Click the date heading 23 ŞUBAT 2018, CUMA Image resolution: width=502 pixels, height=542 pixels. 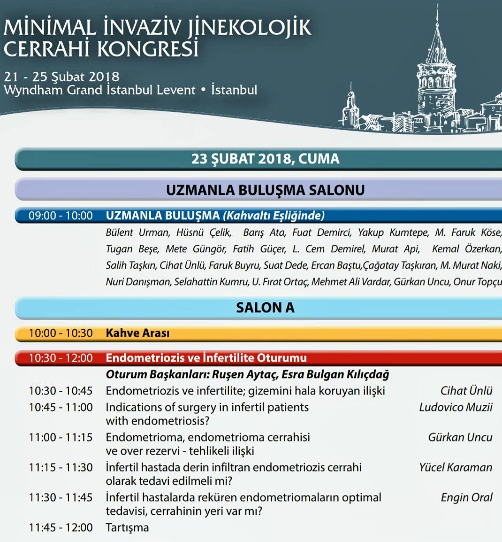coord(265,159)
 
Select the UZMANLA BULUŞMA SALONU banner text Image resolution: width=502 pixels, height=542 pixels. coord(265,190)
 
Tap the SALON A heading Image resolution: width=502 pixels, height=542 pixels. coord(265,308)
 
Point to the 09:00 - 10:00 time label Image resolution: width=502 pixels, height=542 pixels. coord(61,216)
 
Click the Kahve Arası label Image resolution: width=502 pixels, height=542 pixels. coord(137,333)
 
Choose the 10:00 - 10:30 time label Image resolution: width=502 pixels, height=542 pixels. coord(61,333)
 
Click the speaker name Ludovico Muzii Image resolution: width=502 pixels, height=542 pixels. coord(456,407)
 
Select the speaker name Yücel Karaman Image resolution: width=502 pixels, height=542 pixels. coord(456,467)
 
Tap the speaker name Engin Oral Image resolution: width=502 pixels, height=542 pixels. coord(466,497)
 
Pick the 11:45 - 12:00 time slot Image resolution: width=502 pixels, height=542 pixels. coord(61,527)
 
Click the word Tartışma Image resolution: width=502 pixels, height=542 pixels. coord(127,527)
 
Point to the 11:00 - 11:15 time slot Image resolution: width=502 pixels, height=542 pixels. coord(61,437)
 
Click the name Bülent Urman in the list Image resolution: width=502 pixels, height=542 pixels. coord(137,232)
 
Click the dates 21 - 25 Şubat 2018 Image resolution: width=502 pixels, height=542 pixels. coord(61,77)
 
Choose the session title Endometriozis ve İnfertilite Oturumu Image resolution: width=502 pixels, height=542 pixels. coord(206,358)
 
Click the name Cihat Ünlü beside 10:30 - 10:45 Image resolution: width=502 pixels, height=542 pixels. coord(466,391)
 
